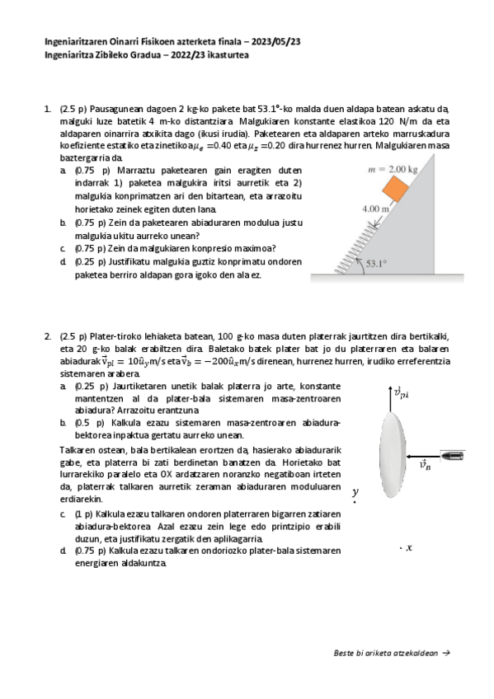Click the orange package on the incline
pos(395,188)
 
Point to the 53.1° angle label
pos(376,264)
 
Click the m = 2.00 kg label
pos(393,170)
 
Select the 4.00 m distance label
pos(375,209)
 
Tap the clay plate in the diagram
pos(393,454)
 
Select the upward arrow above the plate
pos(391,398)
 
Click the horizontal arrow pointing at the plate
pos(423,456)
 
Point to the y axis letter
pos(355,493)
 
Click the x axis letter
pos(409,547)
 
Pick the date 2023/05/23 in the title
pos(275,41)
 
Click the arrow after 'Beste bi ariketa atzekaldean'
pos(446,653)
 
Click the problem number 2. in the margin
pos(48,336)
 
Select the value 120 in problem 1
pos(386,121)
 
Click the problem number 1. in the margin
pos(47,109)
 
